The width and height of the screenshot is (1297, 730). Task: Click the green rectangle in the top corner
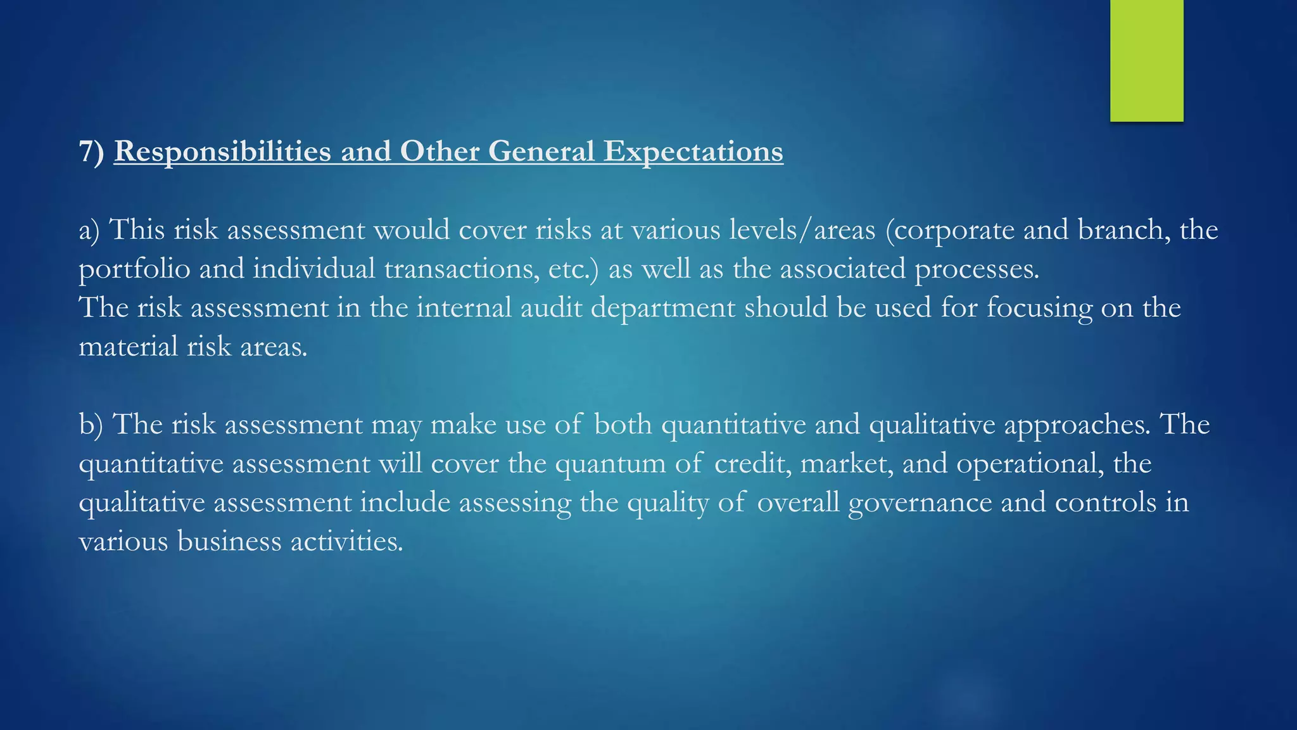point(1146,60)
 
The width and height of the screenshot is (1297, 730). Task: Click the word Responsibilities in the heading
point(222,151)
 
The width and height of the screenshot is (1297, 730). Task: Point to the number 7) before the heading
point(91,151)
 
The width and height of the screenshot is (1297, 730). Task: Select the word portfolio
point(134,269)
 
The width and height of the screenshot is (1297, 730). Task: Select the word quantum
point(610,464)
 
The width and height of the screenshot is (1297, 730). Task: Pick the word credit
point(752,464)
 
